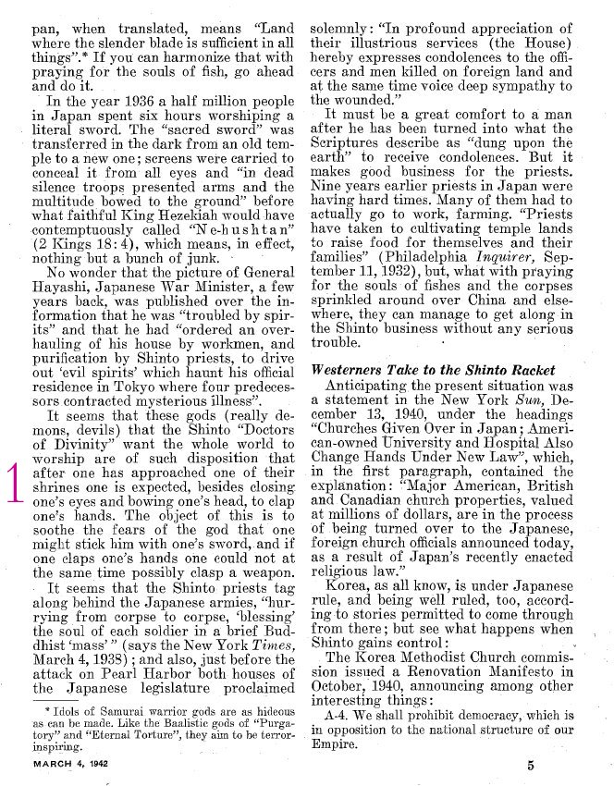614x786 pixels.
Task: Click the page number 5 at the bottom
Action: (531, 765)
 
